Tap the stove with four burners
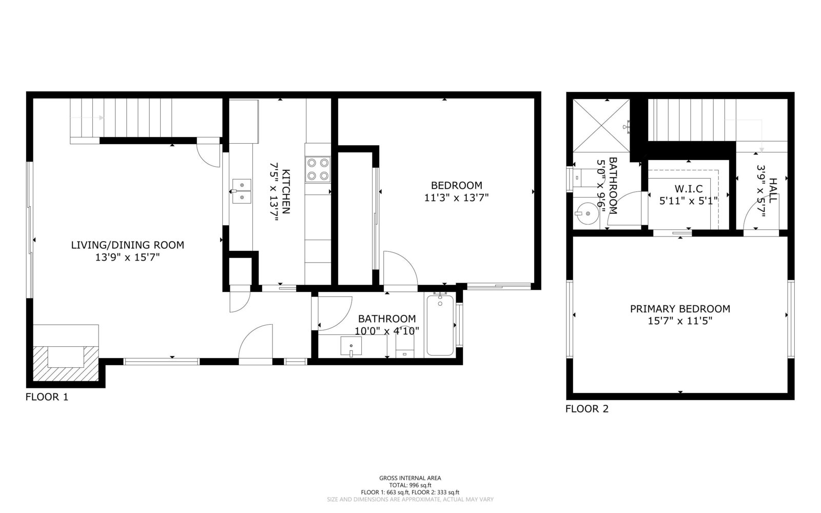[x=318, y=169]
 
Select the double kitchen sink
[x=242, y=191]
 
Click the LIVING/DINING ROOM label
[x=128, y=245]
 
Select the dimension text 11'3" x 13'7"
[x=456, y=198]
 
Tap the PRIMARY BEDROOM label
[x=680, y=309]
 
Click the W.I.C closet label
[x=689, y=189]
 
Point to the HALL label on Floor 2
[x=773, y=190]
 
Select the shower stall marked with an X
[x=601, y=125]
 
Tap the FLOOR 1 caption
[x=47, y=397]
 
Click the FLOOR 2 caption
[x=587, y=409]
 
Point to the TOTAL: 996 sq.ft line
[x=410, y=485]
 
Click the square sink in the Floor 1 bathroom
[x=351, y=346]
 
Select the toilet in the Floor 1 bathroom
[x=405, y=346]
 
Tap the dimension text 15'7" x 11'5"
[x=680, y=321]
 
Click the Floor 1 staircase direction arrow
[x=87, y=117]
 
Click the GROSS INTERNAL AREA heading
[x=410, y=478]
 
